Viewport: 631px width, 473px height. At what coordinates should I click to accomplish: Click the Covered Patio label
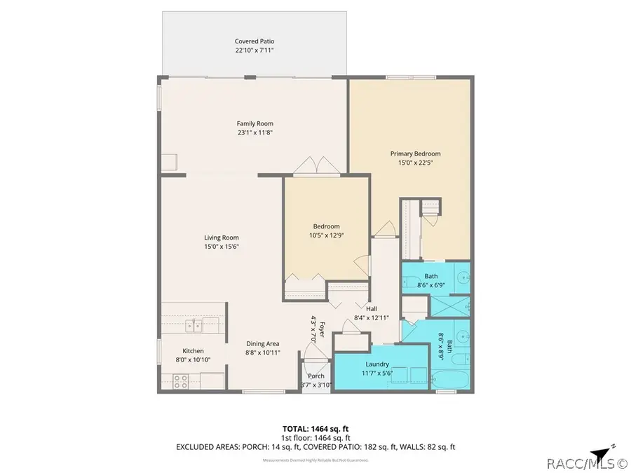pyautogui.click(x=254, y=41)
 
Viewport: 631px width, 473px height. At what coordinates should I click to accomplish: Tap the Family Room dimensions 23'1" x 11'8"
pyautogui.click(x=254, y=133)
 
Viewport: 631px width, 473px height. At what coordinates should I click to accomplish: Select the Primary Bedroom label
pyautogui.click(x=415, y=153)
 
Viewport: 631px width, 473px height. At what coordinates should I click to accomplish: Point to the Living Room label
pyautogui.click(x=221, y=238)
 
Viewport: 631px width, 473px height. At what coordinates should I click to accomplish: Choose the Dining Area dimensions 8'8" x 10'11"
pyautogui.click(x=263, y=352)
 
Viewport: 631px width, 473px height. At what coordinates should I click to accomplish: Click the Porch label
pyautogui.click(x=316, y=376)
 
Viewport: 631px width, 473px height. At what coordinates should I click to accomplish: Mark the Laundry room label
pyautogui.click(x=376, y=364)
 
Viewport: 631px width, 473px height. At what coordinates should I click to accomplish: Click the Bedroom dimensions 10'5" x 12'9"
pyautogui.click(x=326, y=235)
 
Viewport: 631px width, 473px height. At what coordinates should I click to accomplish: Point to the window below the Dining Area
pyautogui.click(x=264, y=391)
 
